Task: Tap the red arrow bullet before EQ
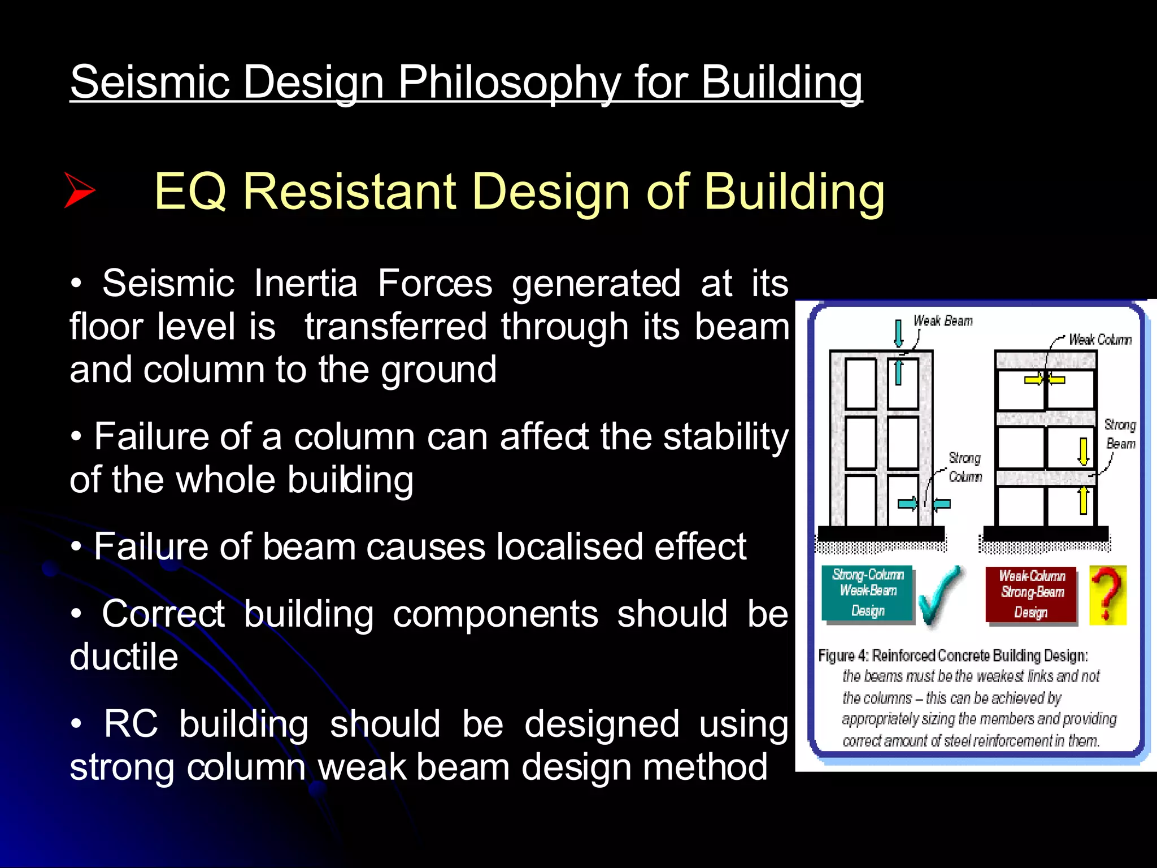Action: (x=79, y=190)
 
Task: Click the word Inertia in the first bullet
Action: (x=305, y=283)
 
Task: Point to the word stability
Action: (x=725, y=437)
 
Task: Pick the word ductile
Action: (x=124, y=657)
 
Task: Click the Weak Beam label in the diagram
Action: (x=943, y=321)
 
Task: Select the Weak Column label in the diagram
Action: (x=1100, y=340)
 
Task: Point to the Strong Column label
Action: (x=965, y=467)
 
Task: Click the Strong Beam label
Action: (x=1120, y=434)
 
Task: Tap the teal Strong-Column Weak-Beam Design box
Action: (x=868, y=593)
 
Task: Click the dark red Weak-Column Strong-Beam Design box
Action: (x=1031, y=594)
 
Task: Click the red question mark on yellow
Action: (x=1107, y=595)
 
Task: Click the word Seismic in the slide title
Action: (x=150, y=83)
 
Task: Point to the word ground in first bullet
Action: (x=438, y=370)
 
